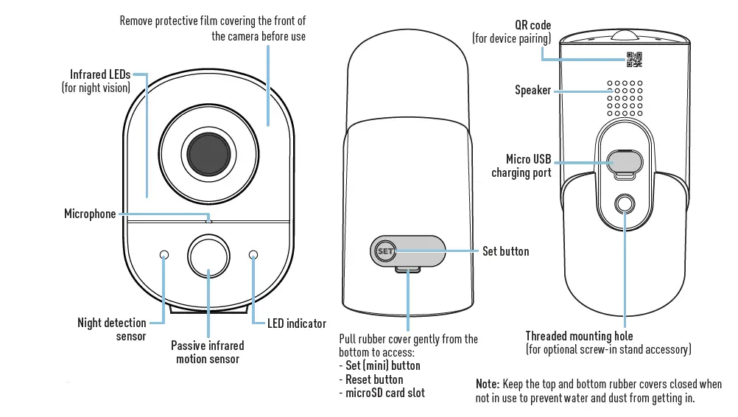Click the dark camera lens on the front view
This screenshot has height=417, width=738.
click(208, 152)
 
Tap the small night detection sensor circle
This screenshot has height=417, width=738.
click(164, 254)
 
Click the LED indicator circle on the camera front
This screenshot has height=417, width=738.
click(254, 254)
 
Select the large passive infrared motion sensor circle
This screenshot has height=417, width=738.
click(209, 255)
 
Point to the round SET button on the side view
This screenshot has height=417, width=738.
click(385, 251)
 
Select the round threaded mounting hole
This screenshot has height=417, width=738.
click(625, 204)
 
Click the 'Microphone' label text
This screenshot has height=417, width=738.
click(90, 214)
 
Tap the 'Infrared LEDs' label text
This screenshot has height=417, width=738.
click(100, 74)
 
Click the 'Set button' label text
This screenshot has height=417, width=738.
click(505, 251)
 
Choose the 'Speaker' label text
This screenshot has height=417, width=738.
click(533, 90)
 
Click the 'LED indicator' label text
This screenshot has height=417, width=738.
click(296, 323)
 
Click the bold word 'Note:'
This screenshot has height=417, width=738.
click(488, 384)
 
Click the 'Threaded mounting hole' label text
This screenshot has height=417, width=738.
click(579, 336)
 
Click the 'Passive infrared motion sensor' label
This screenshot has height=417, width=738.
click(208, 351)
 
